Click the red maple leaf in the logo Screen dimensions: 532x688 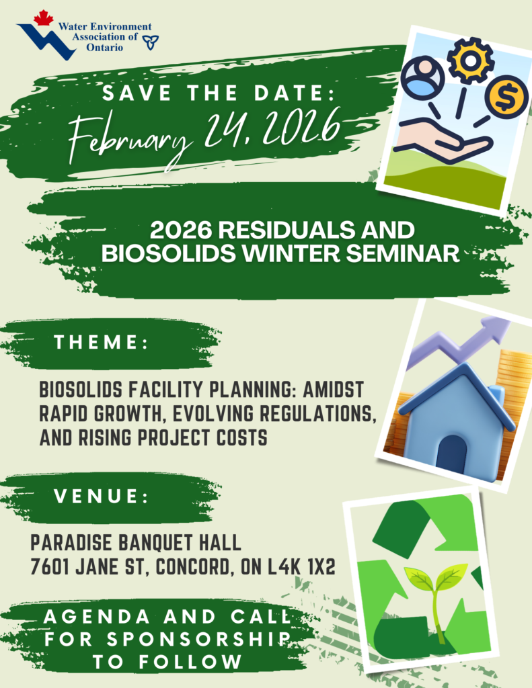click(x=43, y=17)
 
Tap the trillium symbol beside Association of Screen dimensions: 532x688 click(x=151, y=42)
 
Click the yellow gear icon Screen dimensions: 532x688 click(x=471, y=60)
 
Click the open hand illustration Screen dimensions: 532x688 click(x=442, y=141)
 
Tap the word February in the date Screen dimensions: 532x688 click(x=130, y=136)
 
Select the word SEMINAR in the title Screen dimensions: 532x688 click(x=402, y=253)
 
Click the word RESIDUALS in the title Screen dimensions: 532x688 click(x=284, y=230)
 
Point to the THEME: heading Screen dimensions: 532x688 click(x=101, y=342)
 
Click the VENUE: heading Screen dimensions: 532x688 click(x=101, y=497)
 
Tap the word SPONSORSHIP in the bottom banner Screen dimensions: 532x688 click(x=198, y=640)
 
